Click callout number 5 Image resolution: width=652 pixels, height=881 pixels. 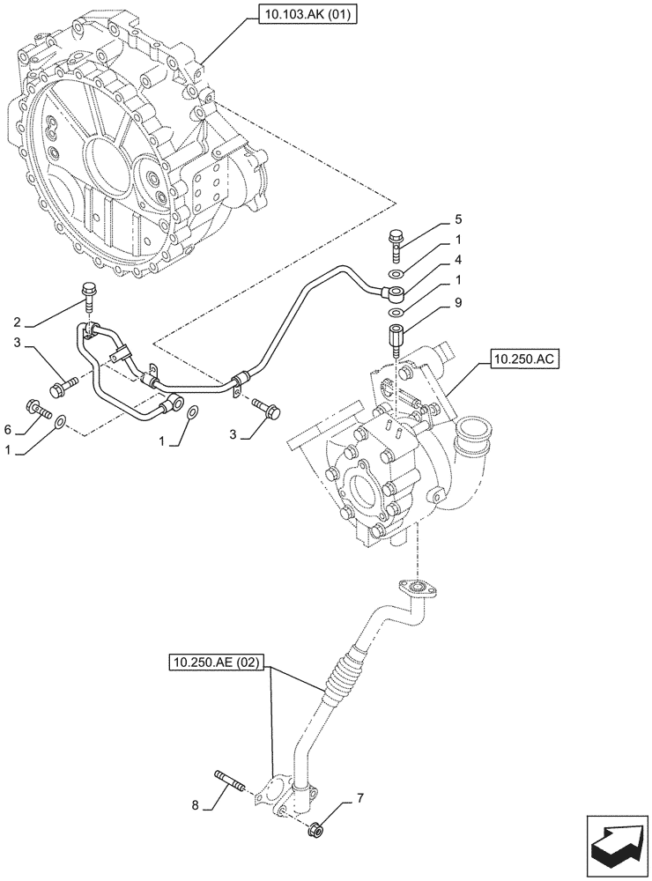[x=458, y=218]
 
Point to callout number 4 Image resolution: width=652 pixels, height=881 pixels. [x=458, y=260]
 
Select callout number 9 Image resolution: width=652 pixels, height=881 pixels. [x=458, y=302]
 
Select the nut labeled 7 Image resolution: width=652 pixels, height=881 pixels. [x=315, y=828]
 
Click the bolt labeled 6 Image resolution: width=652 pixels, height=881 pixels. [x=41, y=409]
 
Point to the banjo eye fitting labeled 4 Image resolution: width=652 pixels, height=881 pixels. [x=395, y=292]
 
